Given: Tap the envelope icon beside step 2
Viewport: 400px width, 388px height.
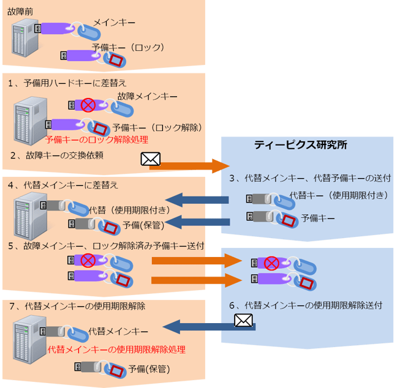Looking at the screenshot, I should (151, 160).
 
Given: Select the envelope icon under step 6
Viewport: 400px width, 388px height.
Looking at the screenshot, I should (244, 320).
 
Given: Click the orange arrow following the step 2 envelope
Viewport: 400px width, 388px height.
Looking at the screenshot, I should (194, 165).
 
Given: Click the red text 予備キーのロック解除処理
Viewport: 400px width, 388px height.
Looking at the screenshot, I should (97, 140).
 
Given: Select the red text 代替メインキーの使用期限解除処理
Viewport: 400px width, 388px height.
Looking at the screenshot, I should (116, 350).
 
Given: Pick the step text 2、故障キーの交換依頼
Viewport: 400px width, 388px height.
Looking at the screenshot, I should (56, 155).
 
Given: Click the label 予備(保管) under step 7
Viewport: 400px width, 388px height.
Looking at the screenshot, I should (149, 369).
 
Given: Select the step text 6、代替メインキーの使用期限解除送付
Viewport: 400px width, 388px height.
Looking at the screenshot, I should (306, 304).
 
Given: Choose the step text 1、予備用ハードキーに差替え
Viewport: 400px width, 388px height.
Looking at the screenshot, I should (67, 82).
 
